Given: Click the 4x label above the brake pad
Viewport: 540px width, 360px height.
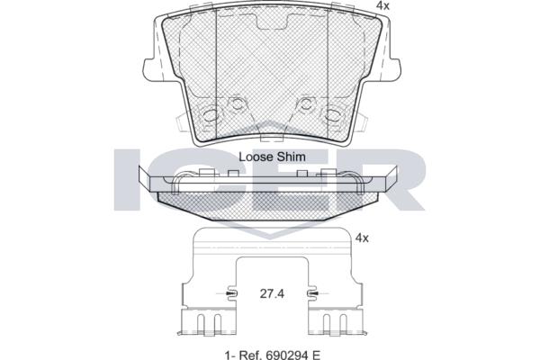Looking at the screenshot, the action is (382, 5).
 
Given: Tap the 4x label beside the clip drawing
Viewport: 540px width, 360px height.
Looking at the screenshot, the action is (362, 238).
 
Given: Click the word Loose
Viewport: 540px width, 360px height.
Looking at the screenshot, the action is (254, 157).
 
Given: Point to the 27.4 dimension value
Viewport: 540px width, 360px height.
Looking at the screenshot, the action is (272, 294).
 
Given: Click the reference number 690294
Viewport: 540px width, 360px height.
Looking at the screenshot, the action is (284, 354).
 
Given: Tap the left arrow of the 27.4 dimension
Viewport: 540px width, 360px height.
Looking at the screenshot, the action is (230, 293).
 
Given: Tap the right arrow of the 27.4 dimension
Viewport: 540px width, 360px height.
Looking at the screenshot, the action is (313, 293).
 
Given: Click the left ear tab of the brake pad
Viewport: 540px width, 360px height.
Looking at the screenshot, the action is (149, 70).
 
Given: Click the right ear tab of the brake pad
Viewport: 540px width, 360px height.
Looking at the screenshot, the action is (394, 70).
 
